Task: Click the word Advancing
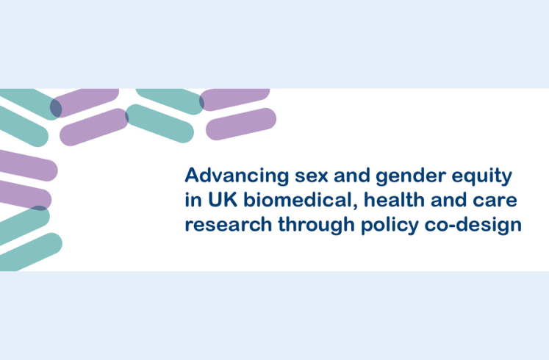coord(237,176)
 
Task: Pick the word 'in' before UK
coord(193,200)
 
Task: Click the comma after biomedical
coord(356,206)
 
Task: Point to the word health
coord(394,199)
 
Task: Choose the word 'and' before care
coord(448,200)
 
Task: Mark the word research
coord(229,224)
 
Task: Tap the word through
coord(317,226)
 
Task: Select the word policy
coord(390,226)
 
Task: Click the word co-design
coord(473,226)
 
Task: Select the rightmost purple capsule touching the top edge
coord(234,99)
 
